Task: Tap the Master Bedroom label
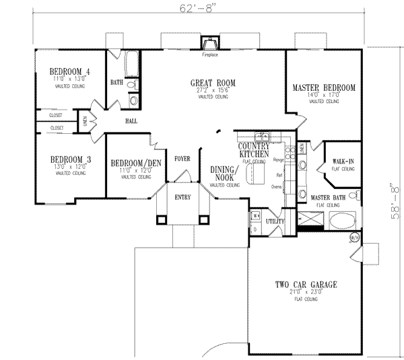(323, 88)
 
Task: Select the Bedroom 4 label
(69, 72)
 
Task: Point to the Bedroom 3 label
(69, 159)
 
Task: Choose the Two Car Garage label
(306, 285)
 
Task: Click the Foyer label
(182, 160)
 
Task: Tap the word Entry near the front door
(182, 197)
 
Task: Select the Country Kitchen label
(255, 150)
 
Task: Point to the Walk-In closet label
(343, 162)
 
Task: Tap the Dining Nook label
(223, 174)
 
